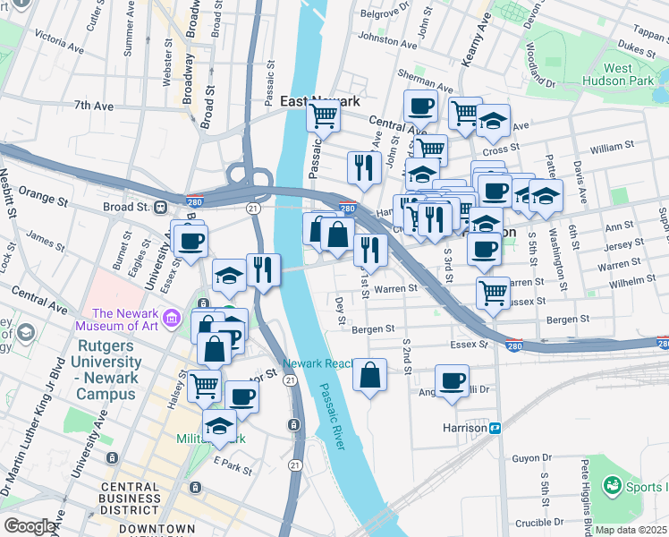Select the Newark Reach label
click(x=316, y=364)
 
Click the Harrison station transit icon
click(x=493, y=428)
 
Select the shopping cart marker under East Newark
click(x=323, y=115)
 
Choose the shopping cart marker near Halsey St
click(x=205, y=387)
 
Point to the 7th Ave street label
click(x=93, y=106)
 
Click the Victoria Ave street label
click(x=61, y=41)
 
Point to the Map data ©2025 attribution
click(x=631, y=530)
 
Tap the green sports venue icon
click(x=612, y=486)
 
